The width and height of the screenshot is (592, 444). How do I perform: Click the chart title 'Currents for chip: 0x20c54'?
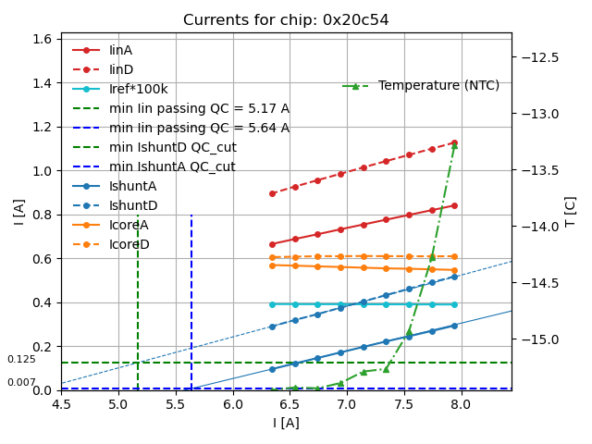click(286, 20)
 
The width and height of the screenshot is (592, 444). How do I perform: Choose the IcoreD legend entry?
click(129, 244)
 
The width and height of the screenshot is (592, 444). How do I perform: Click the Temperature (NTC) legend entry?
click(438, 85)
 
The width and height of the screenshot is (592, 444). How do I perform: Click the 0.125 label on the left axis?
click(21, 359)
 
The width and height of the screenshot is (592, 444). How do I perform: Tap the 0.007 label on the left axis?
click(21, 382)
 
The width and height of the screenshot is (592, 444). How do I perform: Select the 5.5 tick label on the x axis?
click(176, 404)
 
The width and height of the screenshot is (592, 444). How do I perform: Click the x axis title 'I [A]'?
click(286, 423)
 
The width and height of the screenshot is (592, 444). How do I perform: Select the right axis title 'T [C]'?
click(571, 211)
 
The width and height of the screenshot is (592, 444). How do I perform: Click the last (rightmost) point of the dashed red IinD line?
click(454, 142)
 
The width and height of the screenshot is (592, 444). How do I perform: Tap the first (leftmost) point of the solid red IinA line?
click(272, 244)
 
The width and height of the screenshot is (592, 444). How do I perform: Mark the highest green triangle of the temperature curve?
click(454, 145)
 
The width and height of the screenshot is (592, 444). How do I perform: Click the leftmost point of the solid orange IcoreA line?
click(272, 265)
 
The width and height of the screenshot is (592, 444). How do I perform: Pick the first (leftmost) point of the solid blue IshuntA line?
click(272, 369)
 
